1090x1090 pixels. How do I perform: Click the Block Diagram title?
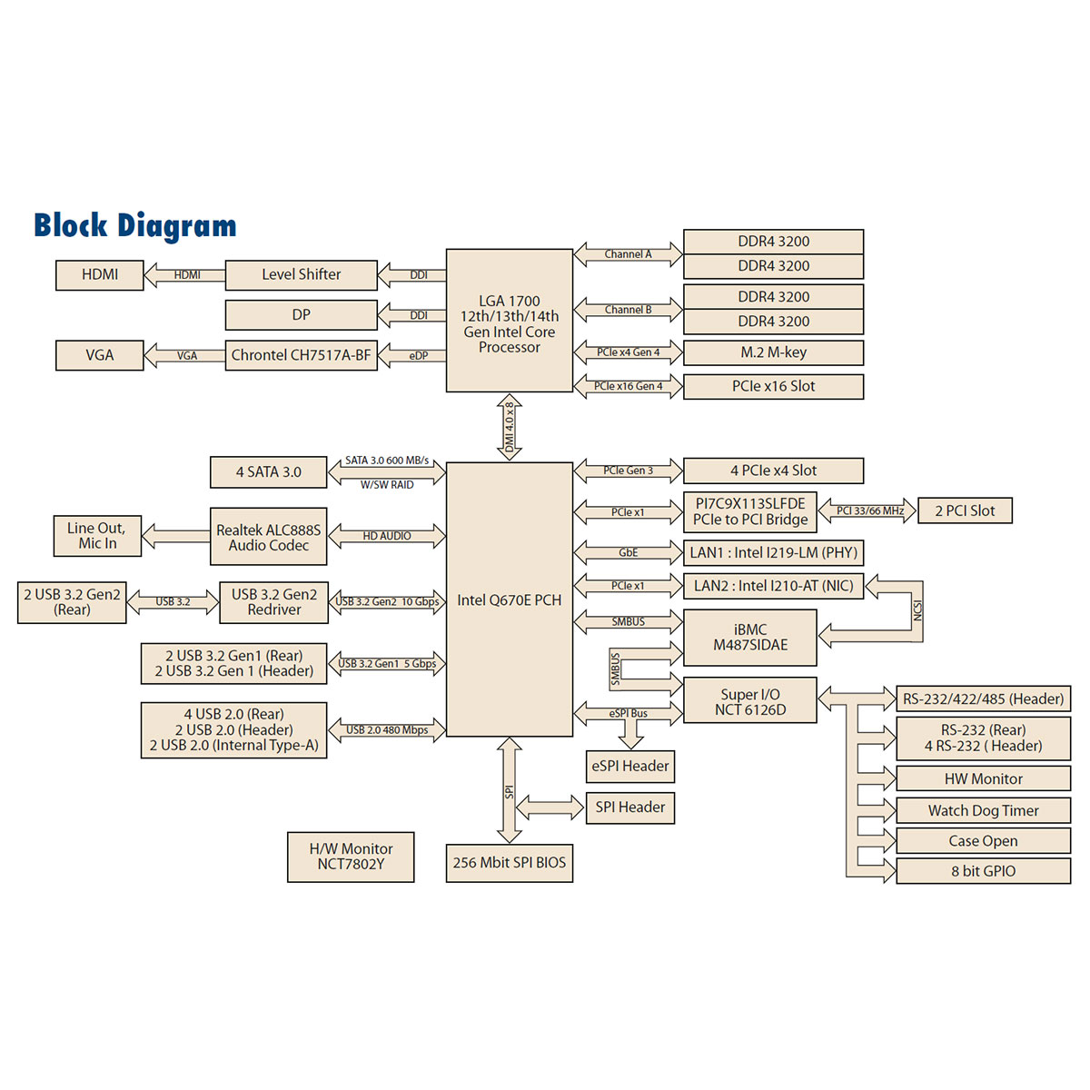pyautogui.click(x=135, y=225)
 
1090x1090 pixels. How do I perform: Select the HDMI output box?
pyautogui.click(x=100, y=274)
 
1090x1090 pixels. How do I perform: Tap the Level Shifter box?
pyautogui.click(x=301, y=274)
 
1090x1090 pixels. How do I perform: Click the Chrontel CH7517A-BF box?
pyautogui.click(x=301, y=355)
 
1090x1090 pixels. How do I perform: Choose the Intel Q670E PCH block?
pyautogui.click(x=510, y=599)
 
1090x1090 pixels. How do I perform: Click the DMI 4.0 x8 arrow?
pyautogui.click(x=510, y=427)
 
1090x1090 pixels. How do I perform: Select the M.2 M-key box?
pyautogui.click(x=773, y=352)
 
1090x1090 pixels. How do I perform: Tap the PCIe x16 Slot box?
pyautogui.click(x=773, y=386)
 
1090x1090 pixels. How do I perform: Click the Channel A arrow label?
pyautogui.click(x=629, y=254)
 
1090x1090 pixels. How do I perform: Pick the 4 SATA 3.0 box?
pyautogui.click(x=268, y=472)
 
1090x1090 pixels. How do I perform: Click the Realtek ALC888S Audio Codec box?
pyautogui.click(x=268, y=537)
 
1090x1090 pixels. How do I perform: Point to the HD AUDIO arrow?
pyautogui.click(x=387, y=536)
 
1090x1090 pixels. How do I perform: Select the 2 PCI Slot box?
pyautogui.click(x=965, y=510)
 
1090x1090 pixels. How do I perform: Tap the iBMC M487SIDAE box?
pyautogui.click(x=750, y=638)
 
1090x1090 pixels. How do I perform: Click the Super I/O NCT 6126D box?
pyautogui.click(x=750, y=701)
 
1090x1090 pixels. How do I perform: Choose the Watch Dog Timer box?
pyautogui.click(x=983, y=810)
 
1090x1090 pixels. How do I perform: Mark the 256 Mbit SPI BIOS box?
pyautogui.click(x=510, y=863)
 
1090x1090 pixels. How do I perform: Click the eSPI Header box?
pyautogui.click(x=630, y=767)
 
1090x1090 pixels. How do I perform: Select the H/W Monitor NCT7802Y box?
pyautogui.click(x=351, y=857)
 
